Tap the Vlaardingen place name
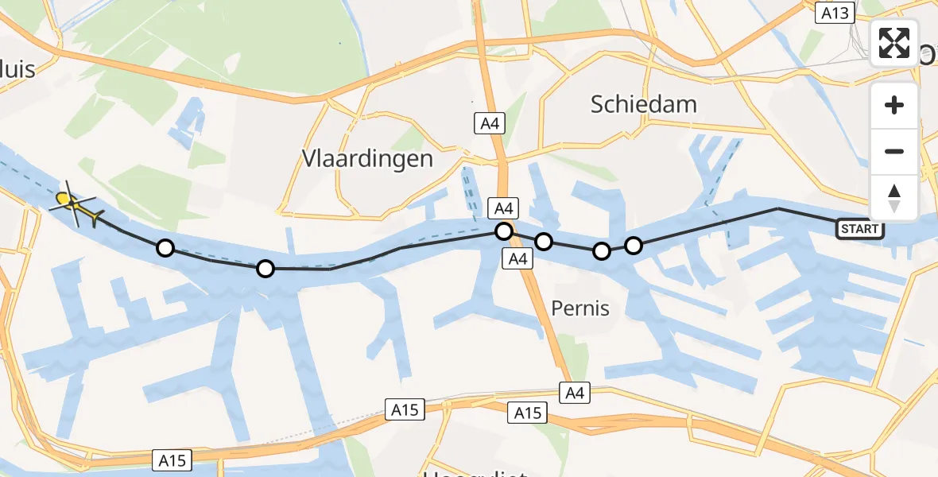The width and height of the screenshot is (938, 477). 367,158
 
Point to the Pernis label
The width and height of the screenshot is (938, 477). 581,308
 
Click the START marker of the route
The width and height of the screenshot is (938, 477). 860,230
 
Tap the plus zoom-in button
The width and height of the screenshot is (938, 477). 894,105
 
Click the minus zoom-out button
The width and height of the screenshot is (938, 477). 894,151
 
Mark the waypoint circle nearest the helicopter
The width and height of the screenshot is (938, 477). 165,248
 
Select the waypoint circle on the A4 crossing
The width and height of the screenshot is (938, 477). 503,231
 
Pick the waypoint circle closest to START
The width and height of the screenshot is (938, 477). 633,246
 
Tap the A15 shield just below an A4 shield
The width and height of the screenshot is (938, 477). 527,413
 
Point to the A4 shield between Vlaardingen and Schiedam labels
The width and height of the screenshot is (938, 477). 489,123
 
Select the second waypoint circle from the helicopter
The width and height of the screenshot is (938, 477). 266,269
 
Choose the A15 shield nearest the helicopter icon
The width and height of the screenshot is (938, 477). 171,460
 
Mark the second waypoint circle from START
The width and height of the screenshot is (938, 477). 602,251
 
